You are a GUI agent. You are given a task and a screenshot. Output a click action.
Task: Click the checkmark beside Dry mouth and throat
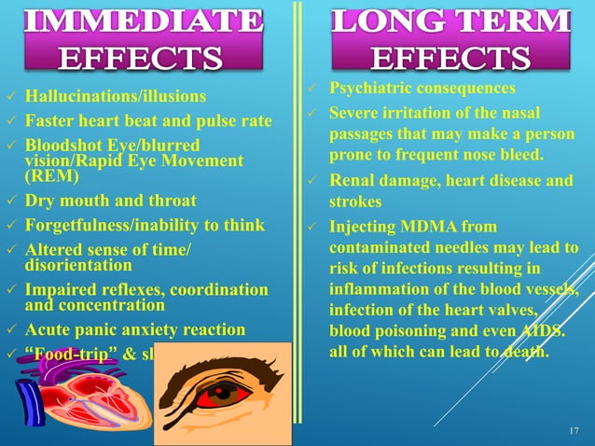click(x=10, y=202)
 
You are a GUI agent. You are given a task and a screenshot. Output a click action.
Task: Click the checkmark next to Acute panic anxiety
click(x=10, y=329)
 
